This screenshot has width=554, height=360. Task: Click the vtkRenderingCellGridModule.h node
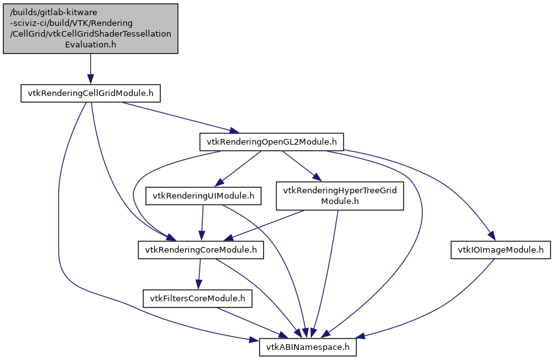90,93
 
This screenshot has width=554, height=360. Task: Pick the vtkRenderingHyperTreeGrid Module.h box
340,195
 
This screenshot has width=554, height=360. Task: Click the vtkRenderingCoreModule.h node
200,250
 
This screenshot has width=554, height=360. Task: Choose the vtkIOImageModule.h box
500,250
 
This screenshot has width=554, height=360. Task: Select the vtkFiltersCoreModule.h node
198,297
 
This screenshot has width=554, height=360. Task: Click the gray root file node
90,28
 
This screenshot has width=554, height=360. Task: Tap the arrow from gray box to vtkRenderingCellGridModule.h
90,68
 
